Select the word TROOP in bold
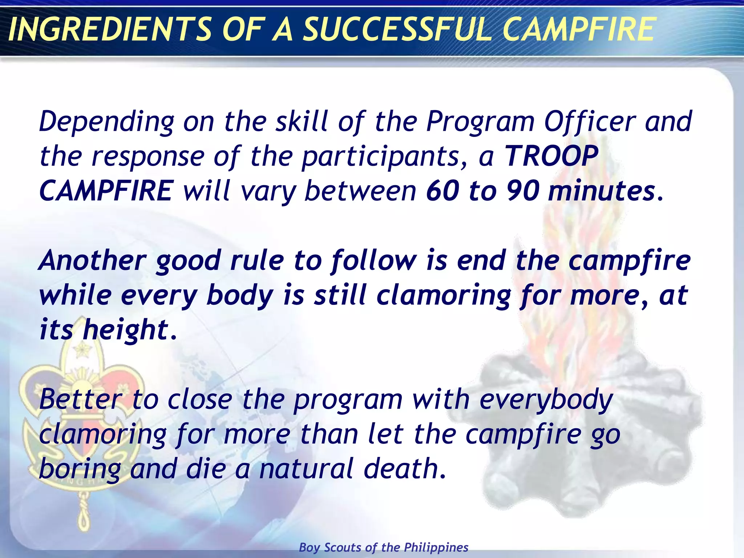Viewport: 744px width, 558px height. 551,156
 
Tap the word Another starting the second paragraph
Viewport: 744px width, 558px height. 93,261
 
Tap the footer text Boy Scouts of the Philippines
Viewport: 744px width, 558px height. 384,547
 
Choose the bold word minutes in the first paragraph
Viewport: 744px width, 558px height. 601,191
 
